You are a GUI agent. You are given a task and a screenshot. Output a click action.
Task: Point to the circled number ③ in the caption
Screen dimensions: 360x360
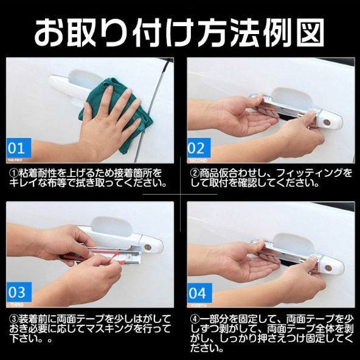pyautogui.click(x=13, y=317)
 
